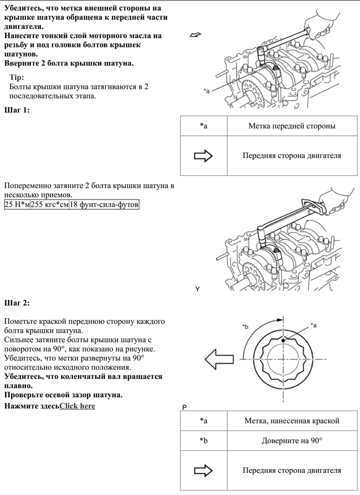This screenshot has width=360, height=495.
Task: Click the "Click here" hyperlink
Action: pyautogui.click(x=77, y=406)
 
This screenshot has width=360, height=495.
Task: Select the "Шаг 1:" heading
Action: pyautogui.click(x=17, y=110)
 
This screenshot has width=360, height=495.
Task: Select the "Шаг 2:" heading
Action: pyautogui.click(x=17, y=302)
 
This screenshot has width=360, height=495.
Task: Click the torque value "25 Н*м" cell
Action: pyautogui.click(x=17, y=205)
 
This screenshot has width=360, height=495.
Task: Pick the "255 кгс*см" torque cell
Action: pyautogui.click(x=50, y=205)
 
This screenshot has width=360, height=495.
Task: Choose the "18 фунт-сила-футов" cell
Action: pyautogui.click(x=104, y=205)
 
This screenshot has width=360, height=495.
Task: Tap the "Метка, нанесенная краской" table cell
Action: pyautogui.click(x=292, y=421)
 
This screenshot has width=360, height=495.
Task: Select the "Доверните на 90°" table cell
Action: pyautogui.click(x=292, y=441)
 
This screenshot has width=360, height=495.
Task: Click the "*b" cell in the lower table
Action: pyautogui.click(x=204, y=441)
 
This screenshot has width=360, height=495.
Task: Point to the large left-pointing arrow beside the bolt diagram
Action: pyautogui.click(x=218, y=359)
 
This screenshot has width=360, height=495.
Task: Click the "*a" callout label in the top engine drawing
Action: pyautogui.click(x=206, y=91)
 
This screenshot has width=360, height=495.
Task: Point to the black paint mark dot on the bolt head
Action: pyautogui.click(x=284, y=339)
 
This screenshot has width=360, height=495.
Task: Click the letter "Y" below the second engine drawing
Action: pyautogui.click(x=197, y=288)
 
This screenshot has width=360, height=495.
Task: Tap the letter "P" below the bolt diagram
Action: pyautogui.click(x=184, y=407)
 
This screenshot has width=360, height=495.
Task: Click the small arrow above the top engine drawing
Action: pyautogui.click(x=195, y=35)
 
